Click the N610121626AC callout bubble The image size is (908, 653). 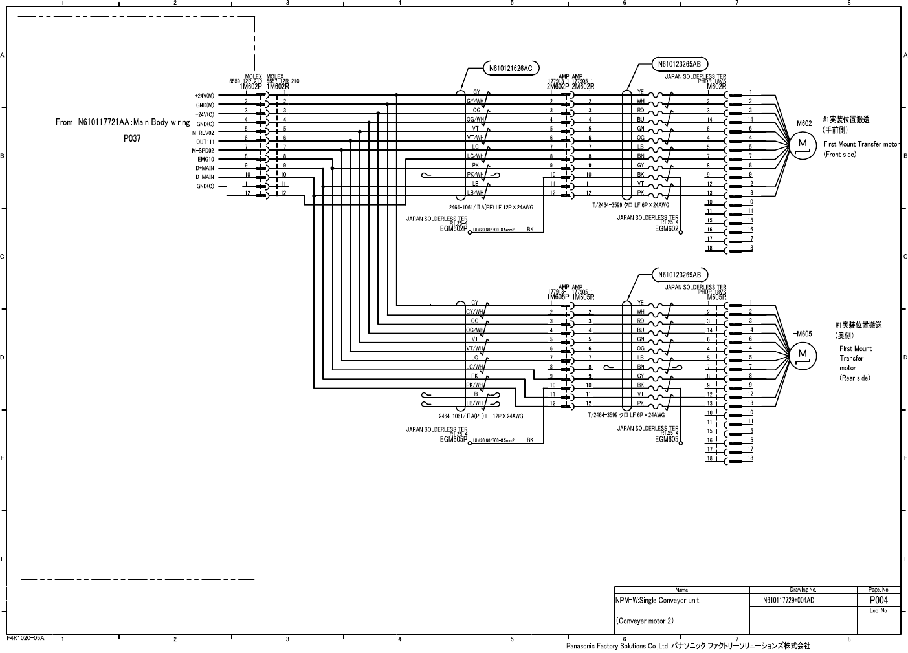[x=511, y=68]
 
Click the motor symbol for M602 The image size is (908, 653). [x=803, y=144]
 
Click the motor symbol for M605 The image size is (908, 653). [x=803, y=354]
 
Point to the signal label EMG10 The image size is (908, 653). [x=206, y=159]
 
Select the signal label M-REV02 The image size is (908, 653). [x=203, y=133]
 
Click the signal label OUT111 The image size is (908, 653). [x=205, y=141]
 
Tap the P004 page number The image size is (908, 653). [x=878, y=600]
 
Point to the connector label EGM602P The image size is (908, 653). [x=453, y=228]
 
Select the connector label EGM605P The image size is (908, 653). [x=453, y=440]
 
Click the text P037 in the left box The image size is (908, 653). [x=132, y=138]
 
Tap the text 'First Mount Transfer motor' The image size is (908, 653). [x=861, y=144]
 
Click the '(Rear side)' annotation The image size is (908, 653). [x=854, y=378]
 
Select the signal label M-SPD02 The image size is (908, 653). [x=203, y=150]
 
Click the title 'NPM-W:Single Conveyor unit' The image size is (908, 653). [x=658, y=600]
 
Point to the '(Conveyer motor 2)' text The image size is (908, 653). [x=645, y=621]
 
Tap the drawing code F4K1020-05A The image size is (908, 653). [x=25, y=637]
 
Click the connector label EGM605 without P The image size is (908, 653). [x=667, y=440]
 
